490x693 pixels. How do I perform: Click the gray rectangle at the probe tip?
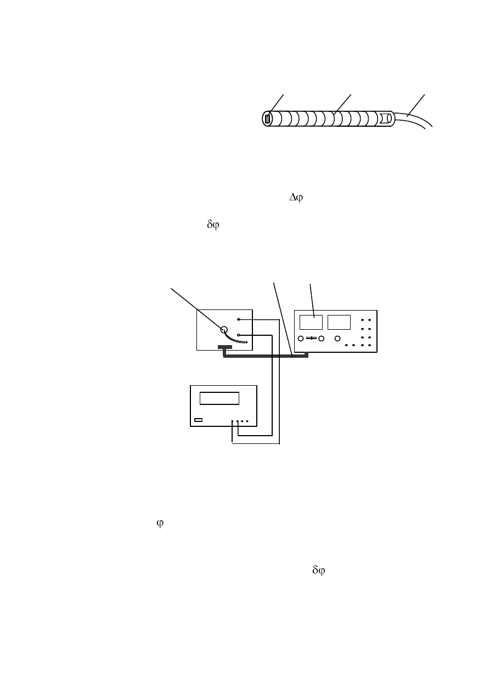[267, 119]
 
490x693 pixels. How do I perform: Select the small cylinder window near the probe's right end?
[385, 119]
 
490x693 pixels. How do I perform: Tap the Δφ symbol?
[296, 198]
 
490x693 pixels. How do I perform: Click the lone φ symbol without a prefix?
[160, 523]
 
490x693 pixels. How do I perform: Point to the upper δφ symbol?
[213, 224]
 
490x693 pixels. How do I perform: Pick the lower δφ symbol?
[319, 570]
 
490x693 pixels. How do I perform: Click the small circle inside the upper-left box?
[224, 330]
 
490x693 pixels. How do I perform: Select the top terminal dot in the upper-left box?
[239, 319]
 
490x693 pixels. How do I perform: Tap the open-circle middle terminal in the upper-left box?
[239, 335]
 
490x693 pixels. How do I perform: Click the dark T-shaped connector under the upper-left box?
[225, 348]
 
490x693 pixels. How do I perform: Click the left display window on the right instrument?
[311, 323]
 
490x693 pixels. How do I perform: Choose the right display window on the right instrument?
[339, 323]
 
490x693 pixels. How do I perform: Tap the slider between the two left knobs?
[311, 338]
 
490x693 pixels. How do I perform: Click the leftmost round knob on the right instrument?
[301, 339]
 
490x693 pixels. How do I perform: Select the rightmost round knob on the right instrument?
[337, 339]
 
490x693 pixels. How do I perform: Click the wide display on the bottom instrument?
[219, 398]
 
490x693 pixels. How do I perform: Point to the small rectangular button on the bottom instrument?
[198, 420]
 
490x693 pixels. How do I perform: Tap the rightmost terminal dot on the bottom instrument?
[247, 421]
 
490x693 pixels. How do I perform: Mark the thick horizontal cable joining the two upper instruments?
[266, 357]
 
